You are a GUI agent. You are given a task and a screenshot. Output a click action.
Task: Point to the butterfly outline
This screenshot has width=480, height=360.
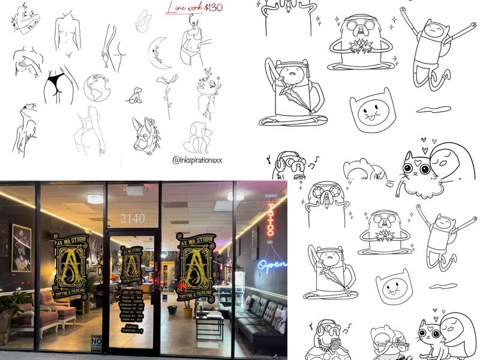(x=143, y=22)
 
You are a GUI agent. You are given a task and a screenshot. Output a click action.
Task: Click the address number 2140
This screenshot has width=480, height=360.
(x=132, y=218)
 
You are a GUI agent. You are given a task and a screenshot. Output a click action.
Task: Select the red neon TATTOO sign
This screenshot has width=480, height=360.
(x=270, y=220)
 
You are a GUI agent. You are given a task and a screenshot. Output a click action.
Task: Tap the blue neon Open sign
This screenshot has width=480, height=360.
(x=272, y=263)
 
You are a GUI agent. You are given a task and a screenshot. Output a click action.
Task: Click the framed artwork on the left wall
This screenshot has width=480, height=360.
(x=22, y=247)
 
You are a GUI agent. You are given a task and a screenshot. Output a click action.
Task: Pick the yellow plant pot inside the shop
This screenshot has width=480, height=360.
(x=187, y=313)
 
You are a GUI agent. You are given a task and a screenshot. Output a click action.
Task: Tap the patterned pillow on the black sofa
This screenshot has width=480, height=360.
(x=280, y=321)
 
